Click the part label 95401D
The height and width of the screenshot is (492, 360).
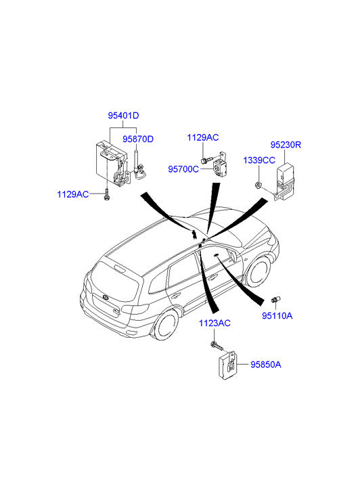coord(123,116)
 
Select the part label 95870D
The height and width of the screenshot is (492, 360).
coord(138,139)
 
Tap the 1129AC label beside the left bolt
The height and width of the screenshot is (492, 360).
coord(73,194)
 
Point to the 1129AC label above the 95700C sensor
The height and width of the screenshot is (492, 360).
coord(203,137)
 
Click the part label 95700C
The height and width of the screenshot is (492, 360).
coord(183,169)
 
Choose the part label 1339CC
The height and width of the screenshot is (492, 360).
coord(259,160)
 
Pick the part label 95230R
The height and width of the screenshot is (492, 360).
coord(286,145)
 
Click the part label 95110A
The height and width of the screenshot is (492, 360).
coord(277,315)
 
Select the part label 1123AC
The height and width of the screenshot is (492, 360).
coord(215,323)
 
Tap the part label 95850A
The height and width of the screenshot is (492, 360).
coord(266,365)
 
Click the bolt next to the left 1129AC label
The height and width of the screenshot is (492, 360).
coord(107,194)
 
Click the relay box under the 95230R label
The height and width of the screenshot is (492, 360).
coord(286,182)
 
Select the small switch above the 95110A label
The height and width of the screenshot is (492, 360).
coord(276,299)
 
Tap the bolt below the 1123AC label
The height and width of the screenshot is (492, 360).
coord(217,346)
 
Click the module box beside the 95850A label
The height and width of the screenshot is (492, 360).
coord(227,365)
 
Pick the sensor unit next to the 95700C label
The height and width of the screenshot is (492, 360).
coord(221,165)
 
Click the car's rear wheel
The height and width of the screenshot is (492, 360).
coord(166,325)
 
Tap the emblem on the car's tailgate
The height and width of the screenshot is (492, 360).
coord(105,298)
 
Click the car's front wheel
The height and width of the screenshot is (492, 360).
coord(260,271)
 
